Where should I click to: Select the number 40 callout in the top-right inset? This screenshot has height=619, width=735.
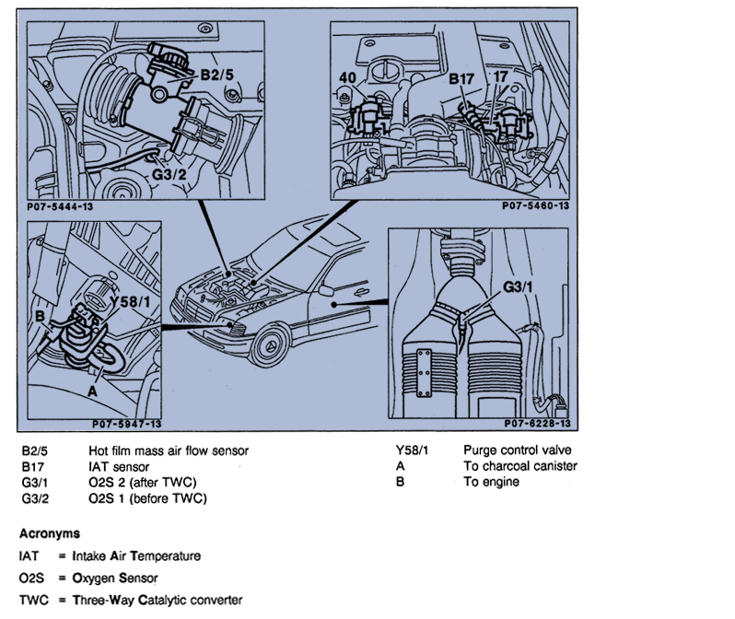348,78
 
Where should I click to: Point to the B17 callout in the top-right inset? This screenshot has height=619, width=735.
461,80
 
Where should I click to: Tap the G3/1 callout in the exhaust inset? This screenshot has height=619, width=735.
519,287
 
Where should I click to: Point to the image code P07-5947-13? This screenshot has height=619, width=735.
126,425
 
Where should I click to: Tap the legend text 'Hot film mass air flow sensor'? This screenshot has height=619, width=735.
169,451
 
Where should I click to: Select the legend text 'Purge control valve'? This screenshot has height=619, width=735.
517,451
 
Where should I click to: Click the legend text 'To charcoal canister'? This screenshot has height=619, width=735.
519,467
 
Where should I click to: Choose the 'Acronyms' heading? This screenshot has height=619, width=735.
49,533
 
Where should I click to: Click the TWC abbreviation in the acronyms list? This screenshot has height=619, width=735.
31,601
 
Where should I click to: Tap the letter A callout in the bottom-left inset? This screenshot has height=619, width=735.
91,390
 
